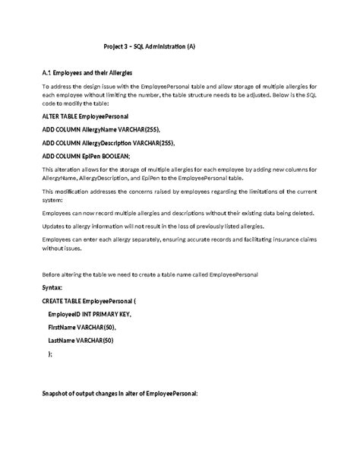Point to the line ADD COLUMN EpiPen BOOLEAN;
pyautogui.click(x=86, y=155)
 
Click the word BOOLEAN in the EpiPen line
pyautogui.click(x=111, y=155)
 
